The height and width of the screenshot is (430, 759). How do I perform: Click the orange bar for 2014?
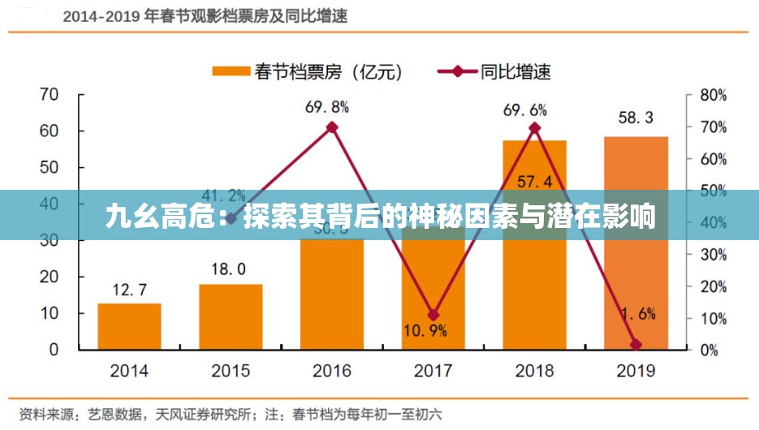(129, 326)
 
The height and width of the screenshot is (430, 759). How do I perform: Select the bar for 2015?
(231, 316)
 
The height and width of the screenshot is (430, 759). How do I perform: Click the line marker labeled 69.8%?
(332, 127)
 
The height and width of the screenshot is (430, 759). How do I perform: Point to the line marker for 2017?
(433, 315)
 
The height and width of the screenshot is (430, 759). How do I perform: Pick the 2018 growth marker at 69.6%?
(535, 127)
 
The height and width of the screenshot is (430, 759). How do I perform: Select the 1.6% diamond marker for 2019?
(636, 345)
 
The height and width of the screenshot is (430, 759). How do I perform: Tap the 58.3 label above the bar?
(636, 118)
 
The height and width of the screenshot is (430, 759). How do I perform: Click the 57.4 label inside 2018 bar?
(534, 180)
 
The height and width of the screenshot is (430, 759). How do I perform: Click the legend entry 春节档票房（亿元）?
(308, 71)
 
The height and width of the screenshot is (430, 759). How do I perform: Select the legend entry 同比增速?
(494, 71)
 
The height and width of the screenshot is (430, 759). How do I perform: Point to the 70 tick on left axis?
(49, 94)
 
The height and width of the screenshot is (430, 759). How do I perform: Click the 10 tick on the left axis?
(49, 313)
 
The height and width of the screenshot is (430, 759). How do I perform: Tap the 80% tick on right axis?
(713, 95)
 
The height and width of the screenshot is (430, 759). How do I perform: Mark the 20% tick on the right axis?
(713, 286)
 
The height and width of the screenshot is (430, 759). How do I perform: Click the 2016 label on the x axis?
(332, 372)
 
